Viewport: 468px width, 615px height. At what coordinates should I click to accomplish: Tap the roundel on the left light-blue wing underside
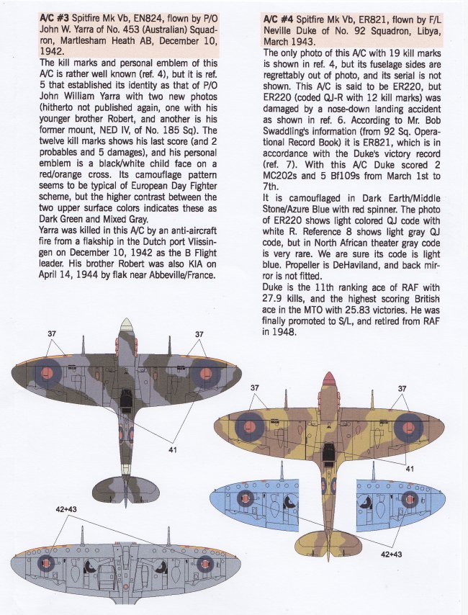(x=247, y=499)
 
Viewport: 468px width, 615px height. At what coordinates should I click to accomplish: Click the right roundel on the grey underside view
(x=207, y=565)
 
